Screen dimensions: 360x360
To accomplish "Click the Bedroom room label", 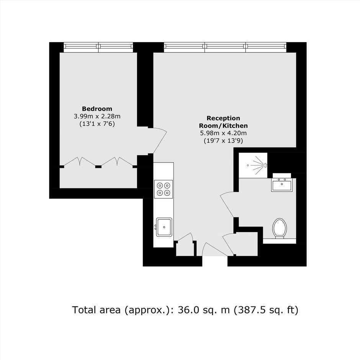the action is click(x=97, y=109).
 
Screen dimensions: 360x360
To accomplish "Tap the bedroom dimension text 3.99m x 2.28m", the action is click(x=97, y=116).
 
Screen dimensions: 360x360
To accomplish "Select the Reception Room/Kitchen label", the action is click(x=223, y=122).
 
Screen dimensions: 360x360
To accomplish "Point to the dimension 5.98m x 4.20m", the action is click(x=223, y=133).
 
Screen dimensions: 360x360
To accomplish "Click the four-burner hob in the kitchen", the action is click(x=164, y=189).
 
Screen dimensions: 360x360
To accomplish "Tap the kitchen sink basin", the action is click(x=164, y=227).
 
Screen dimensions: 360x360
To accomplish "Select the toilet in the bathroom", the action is click(x=280, y=228).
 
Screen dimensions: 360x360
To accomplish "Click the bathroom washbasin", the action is click(x=282, y=185).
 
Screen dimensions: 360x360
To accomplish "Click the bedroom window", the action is click(x=98, y=47).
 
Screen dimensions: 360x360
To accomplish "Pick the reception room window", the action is click(x=225, y=47).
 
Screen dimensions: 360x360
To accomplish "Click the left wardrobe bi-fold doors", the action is click(x=79, y=161).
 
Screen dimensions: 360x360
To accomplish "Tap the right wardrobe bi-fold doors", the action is click(x=117, y=161).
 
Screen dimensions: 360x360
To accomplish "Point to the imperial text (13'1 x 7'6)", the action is click(x=97, y=124).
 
